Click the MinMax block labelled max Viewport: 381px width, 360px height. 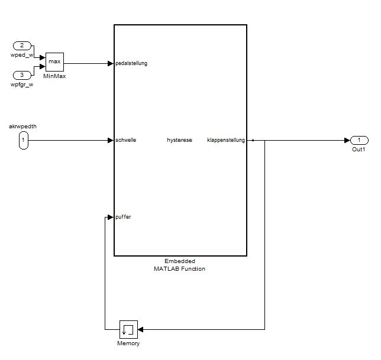[x=54, y=61]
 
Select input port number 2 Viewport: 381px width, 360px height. [x=22, y=46]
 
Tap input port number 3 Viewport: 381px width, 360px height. [x=22, y=75]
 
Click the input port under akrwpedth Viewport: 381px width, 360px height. [x=23, y=141]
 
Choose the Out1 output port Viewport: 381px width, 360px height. [x=360, y=140]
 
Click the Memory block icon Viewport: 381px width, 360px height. [x=128, y=329]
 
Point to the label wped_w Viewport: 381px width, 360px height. [x=22, y=56]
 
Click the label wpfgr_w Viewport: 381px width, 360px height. [x=22, y=85]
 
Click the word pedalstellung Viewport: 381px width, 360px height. [x=131, y=63]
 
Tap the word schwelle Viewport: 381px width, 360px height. [x=126, y=140]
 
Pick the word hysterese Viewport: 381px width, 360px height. [x=179, y=140]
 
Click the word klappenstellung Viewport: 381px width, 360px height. [x=226, y=140]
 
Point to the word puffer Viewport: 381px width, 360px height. [x=124, y=217]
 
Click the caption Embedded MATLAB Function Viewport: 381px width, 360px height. [x=180, y=265]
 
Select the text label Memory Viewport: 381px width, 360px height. [x=128, y=343]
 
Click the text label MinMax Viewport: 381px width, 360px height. [x=54, y=77]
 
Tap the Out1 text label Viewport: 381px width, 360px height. [x=359, y=150]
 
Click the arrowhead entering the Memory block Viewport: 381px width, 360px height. [x=141, y=329]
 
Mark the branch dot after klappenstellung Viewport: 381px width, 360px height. [x=253, y=140]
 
